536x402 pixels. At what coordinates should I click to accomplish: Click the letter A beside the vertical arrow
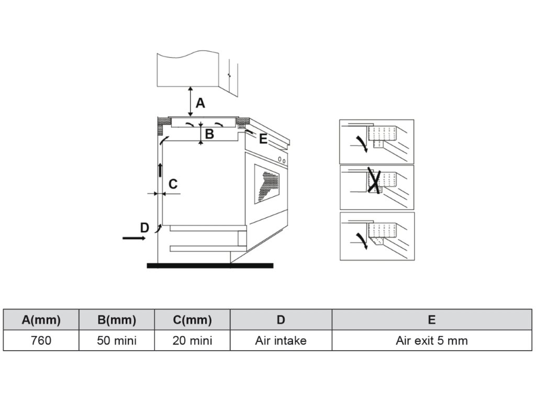[200, 104]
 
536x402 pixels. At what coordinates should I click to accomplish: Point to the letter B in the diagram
[209, 134]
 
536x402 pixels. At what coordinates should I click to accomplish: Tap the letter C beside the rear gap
[173, 184]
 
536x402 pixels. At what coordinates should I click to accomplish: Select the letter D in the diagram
[145, 228]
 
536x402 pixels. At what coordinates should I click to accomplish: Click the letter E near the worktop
[263, 139]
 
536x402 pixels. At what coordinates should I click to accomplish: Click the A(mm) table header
[41, 320]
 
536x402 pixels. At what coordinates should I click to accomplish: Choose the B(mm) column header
[117, 320]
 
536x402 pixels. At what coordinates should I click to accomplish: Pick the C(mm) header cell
[192, 320]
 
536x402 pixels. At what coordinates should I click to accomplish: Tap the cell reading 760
[41, 341]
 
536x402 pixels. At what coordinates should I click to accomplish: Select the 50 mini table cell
[117, 341]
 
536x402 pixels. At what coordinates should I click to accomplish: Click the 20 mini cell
[192, 341]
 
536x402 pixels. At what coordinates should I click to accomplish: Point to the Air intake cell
[281, 341]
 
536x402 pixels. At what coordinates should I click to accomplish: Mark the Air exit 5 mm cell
[432, 341]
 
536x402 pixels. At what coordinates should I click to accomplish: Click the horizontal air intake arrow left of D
[134, 238]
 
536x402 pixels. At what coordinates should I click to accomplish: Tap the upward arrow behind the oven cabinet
[160, 170]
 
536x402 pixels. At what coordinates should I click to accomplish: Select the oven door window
[267, 184]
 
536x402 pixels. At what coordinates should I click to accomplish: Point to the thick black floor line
[210, 265]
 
